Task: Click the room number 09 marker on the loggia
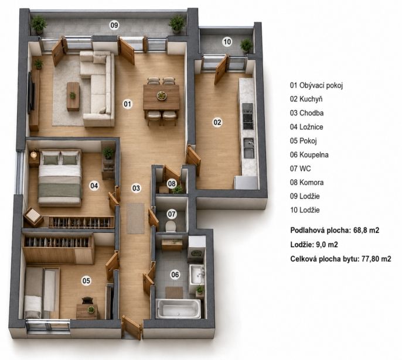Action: (114, 25)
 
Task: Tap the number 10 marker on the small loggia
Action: (227, 42)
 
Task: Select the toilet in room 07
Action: (171, 226)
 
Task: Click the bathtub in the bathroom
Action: (179, 309)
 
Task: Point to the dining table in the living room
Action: (161, 97)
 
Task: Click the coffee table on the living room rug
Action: (73, 96)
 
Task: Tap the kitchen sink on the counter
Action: (248, 148)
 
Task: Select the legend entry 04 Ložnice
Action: (306, 127)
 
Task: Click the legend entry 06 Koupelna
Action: (309, 155)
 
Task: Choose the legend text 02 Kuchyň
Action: (306, 99)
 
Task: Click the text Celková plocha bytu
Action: (324, 259)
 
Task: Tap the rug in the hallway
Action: (135, 218)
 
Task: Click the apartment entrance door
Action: (132, 327)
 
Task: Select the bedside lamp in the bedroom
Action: (33, 155)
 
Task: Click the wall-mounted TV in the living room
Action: (31, 92)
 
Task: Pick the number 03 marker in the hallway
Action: (136, 188)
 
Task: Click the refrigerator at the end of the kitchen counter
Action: (246, 182)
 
